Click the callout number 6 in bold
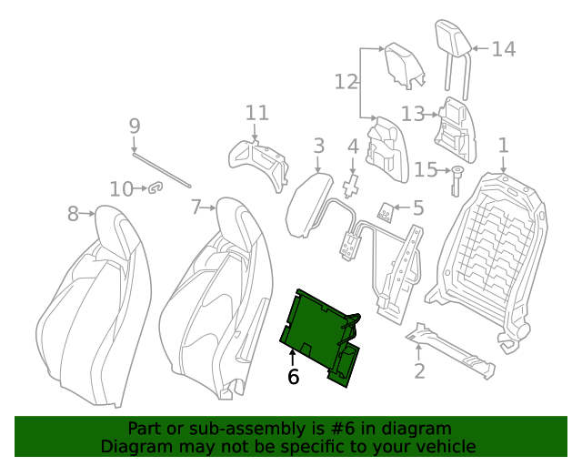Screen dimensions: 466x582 click(x=293, y=376)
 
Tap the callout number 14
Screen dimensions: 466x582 click(x=503, y=49)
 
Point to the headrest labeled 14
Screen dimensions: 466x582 click(x=452, y=41)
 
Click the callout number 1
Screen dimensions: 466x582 click(x=503, y=146)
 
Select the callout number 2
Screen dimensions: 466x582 click(x=419, y=370)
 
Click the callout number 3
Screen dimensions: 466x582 click(x=318, y=146)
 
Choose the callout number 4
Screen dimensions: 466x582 click(x=353, y=147)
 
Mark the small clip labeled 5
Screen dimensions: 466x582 click(x=386, y=212)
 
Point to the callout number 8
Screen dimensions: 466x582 click(x=74, y=214)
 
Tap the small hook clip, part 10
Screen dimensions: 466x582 click(x=156, y=188)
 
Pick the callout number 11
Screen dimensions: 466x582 click(x=257, y=113)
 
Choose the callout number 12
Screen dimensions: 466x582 click(x=346, y=82)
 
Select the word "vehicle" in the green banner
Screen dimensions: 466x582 click(x=445, y=446)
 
